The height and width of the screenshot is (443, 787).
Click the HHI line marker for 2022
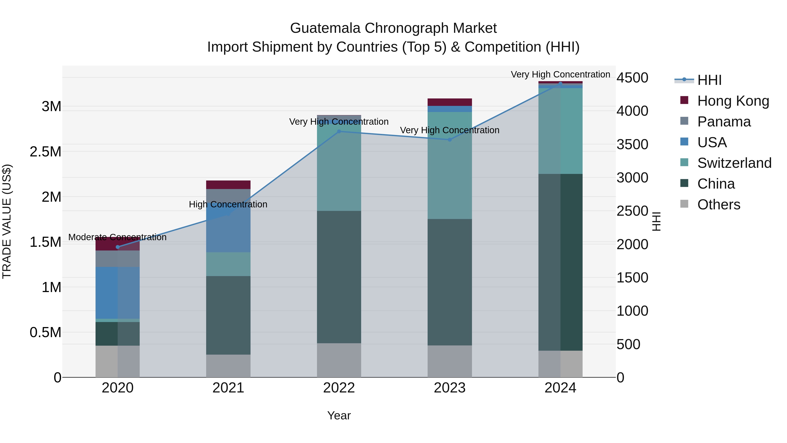339,131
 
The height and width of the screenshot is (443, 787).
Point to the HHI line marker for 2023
449,140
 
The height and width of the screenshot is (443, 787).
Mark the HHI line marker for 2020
118,247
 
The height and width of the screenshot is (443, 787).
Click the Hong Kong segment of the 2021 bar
228,185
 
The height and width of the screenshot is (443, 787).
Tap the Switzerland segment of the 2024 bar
560,131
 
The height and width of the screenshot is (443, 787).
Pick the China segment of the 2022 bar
339,277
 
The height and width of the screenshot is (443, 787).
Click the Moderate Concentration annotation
117,237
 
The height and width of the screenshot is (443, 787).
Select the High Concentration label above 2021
228,204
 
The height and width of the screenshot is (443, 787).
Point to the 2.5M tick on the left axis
45,152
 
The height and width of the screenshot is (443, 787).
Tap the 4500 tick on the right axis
632,78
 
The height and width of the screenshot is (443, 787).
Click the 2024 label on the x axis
560,388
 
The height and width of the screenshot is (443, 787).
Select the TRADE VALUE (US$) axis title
7,221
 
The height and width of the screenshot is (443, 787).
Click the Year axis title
339,415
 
